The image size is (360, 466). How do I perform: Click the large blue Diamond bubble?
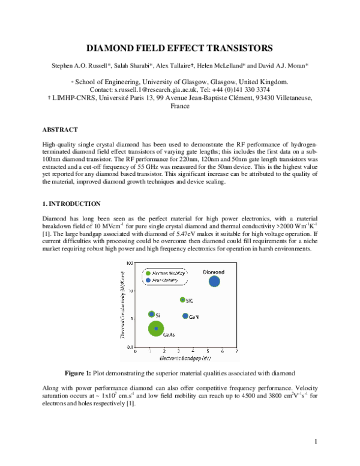point(214,280)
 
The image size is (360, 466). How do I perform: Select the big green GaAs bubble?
point(157,328)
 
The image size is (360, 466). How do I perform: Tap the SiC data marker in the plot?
point(182,300)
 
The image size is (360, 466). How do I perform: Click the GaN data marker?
point(185,316)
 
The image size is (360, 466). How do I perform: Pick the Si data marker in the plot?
point(151,314)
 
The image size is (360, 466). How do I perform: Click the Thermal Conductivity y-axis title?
point(122,305)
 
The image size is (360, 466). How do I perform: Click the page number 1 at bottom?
point(315,442)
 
